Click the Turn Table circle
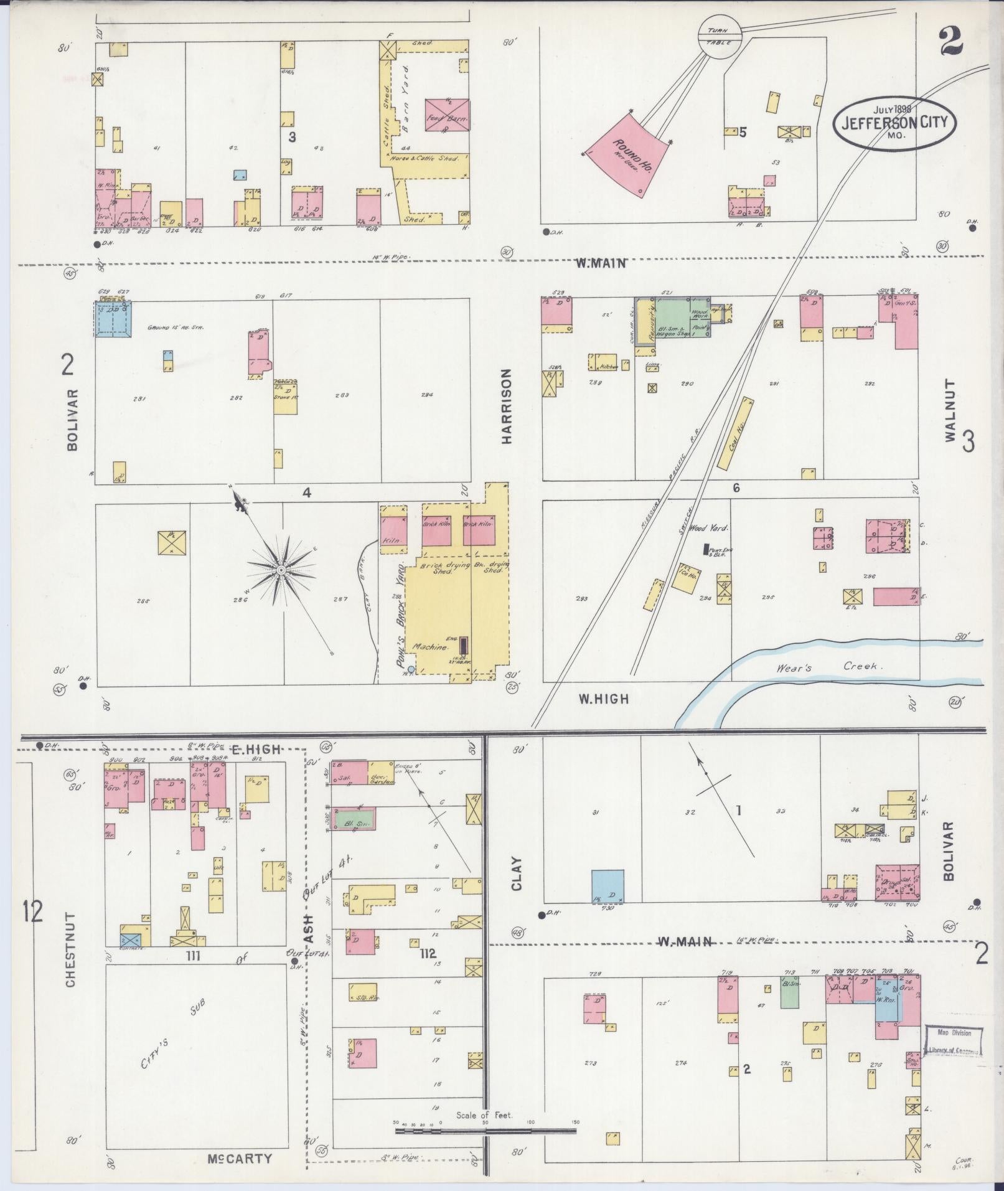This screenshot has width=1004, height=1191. pyautogui.click(x=720, y=39)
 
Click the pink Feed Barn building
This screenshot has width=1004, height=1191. pyautogui.click(x=447, y=115)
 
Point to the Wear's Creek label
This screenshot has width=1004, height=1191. pyautogui.click(x=828, y=667)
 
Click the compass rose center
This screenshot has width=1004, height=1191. pyautogui.click(x=281, y=570)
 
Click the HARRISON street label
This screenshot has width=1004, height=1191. pyautogui.click(x=506, y=406)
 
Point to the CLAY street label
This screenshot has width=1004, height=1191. pyautogui.click(x=517, y=873)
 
